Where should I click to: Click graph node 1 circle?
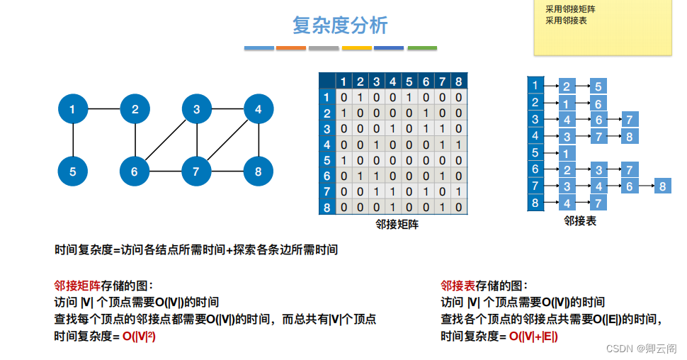73,109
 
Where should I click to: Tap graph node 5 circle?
73,171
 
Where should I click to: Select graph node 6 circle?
134,171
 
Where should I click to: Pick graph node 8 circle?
258,171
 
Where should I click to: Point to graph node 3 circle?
196,109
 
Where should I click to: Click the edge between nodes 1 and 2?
103,109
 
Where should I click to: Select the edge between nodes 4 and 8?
258,140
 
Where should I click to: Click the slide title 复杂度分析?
341,26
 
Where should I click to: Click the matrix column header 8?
458,81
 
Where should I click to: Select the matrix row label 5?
327,160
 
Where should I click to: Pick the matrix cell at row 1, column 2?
360,97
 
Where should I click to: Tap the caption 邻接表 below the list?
579,221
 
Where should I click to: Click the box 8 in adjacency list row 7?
662,186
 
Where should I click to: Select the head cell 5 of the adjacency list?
535,152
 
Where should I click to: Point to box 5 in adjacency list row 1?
598,86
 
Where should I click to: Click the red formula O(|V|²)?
139,336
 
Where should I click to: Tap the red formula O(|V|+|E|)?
533,336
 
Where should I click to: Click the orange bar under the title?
290,48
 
